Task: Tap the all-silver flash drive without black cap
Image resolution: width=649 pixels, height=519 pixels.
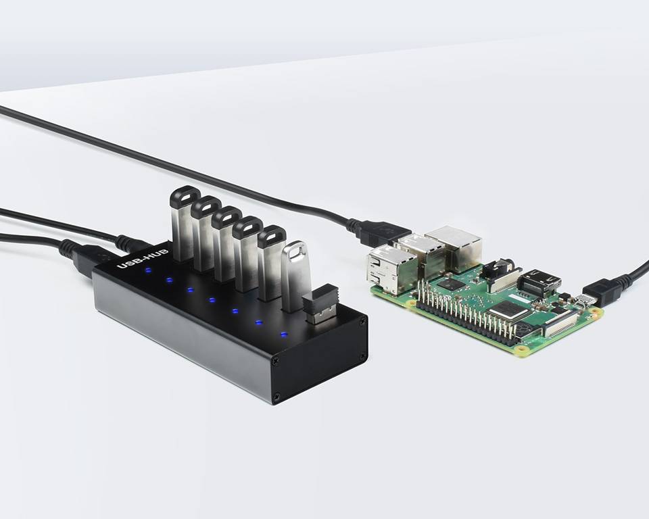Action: pyautogui.click(x=295, y=276)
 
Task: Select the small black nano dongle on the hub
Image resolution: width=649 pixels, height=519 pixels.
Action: pyautogui.click(x=320, y=303)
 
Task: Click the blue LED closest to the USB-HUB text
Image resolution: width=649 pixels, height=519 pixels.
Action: pyautogui.click(x=147, y=271)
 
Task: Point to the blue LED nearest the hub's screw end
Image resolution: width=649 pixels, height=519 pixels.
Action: pyautogui.click(x=283, y=335)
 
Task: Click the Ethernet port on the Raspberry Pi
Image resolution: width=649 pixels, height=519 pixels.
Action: pyautogui.click(x=454, y=247)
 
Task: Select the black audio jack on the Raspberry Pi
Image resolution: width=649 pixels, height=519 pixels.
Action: pyautogui.click(x=497, y=270)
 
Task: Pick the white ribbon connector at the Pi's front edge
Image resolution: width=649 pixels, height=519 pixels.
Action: pyautogui.click(x=559, y=324)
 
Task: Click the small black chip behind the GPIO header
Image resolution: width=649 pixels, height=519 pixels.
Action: pyautogui.click(x=450, y=285)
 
